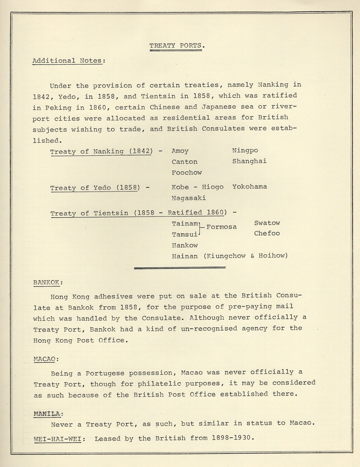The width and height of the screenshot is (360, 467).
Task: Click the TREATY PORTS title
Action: coord(176,46)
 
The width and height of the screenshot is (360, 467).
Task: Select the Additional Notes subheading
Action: coord(69,61)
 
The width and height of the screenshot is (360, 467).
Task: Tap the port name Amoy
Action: coord(180,151)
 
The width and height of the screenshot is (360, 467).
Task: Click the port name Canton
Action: coord(184,162)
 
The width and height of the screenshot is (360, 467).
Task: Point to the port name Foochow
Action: coord(187,173)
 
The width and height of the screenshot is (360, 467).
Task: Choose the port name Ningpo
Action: coord(245,150)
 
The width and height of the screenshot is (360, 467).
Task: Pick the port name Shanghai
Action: coord(249,161)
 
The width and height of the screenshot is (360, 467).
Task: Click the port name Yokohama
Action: coord(250,187)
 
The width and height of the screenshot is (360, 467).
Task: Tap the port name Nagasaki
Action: coord(189,198)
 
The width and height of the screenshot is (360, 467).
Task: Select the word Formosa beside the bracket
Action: coord(221,227)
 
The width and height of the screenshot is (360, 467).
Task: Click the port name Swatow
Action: coord(267,223)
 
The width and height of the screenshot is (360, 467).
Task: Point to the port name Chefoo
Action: coord(267,233)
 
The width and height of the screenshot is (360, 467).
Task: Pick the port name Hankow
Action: coord(185,245)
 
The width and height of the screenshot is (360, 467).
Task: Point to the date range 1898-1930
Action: coord(231,438)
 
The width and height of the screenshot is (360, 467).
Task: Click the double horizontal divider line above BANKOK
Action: coord(180,268)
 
